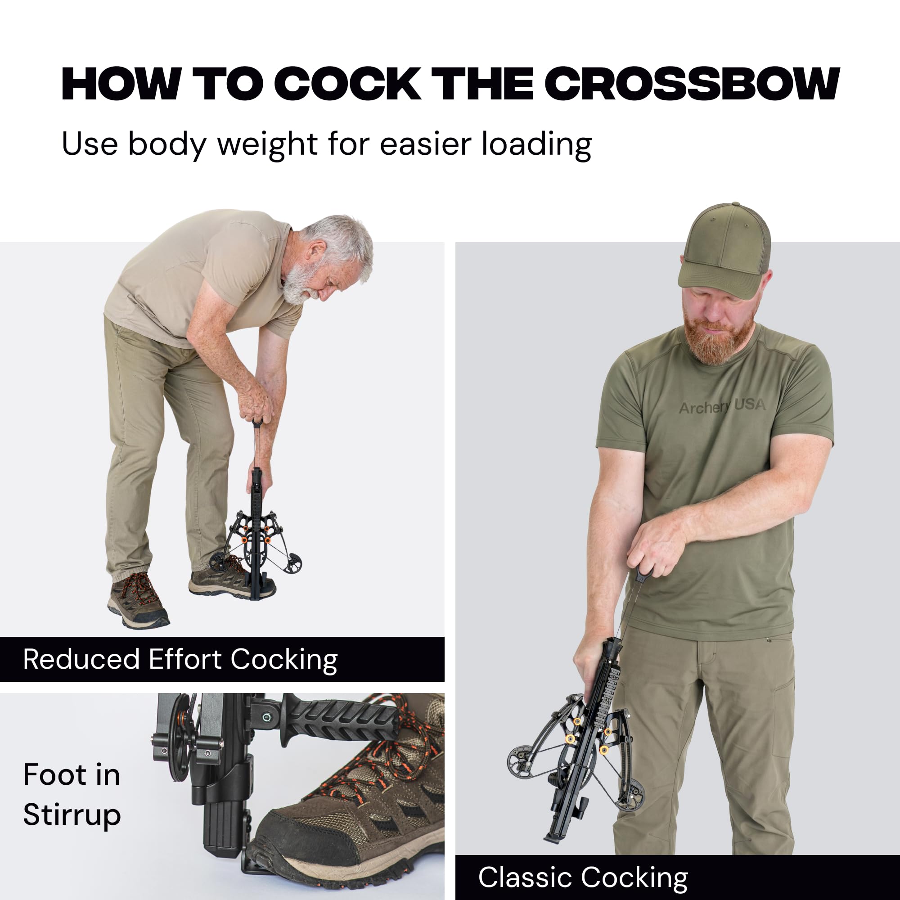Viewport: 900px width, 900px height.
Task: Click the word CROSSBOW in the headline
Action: tap(693, 84)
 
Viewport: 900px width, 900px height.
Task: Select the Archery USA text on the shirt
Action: tap(722, 406)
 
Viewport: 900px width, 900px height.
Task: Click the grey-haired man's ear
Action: tap(317, 251)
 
